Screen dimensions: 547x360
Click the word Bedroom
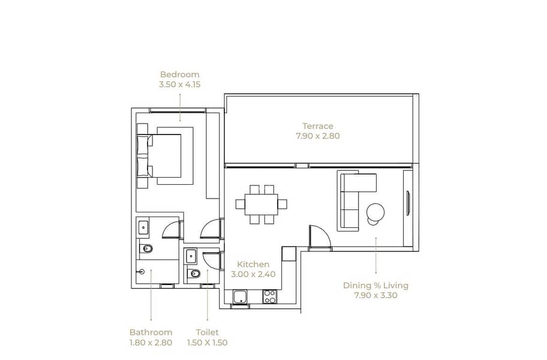click(180, 74)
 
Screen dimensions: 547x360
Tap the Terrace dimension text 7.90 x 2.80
click(317, 136)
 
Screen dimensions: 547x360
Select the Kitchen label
click(253, 264)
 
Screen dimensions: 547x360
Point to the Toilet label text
click(207, 332)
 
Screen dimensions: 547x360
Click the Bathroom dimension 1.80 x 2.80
click(151, 343)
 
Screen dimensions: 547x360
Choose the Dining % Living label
click(375, 286)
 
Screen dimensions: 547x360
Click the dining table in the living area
click(262, 204)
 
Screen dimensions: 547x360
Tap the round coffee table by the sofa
click(375, 212)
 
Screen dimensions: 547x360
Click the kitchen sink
click(241, 297)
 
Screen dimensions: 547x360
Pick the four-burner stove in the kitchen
click(270, 297)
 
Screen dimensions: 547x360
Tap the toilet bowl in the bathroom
click(146, 249)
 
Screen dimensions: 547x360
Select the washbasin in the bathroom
click(143, 227)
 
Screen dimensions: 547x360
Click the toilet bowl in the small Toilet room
click(194, 274)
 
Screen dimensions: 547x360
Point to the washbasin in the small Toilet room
click(191, 256)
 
